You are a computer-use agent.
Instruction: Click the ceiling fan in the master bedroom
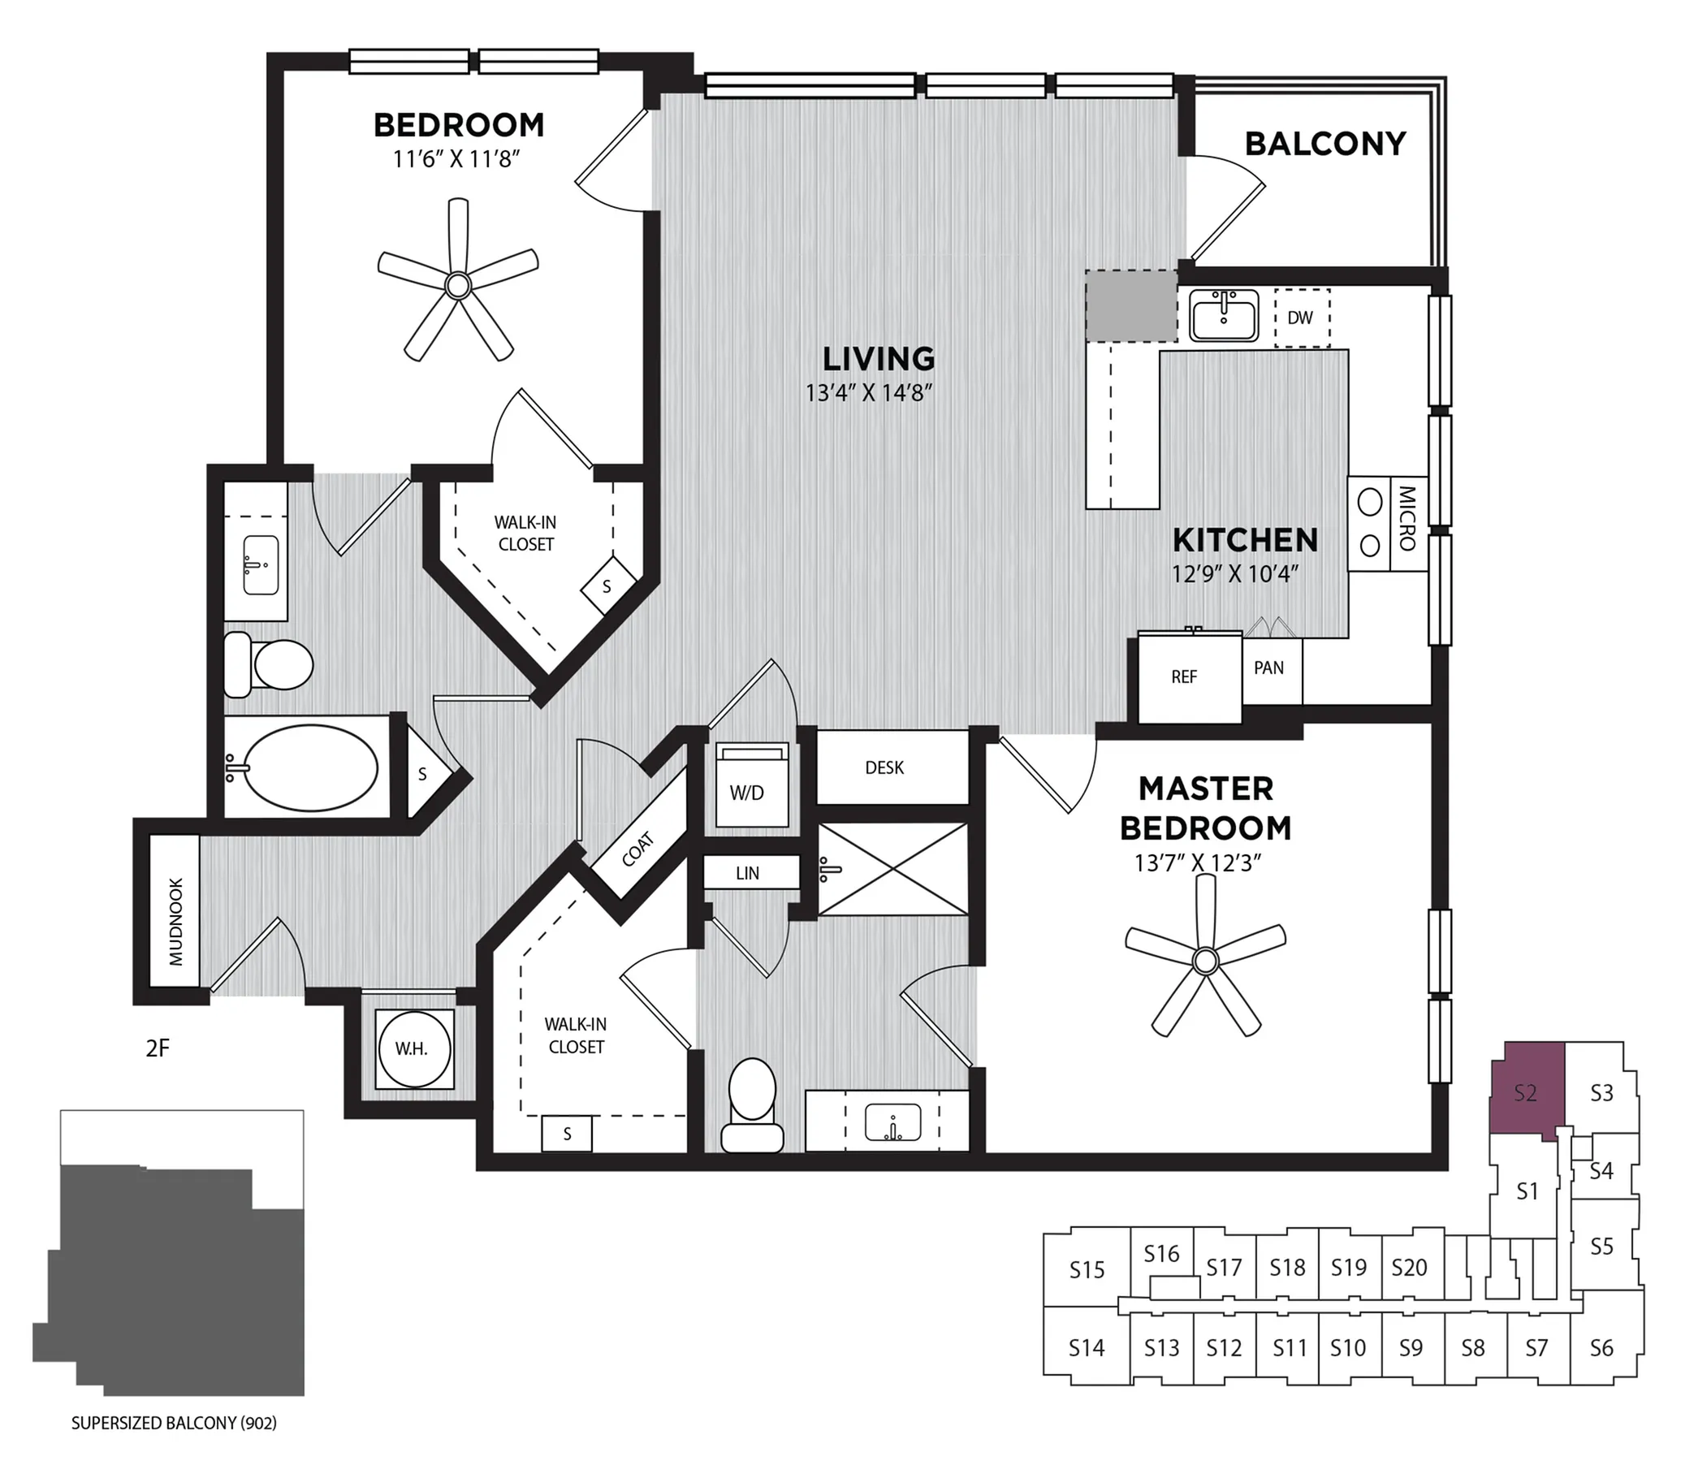pyautogui.click(x=1205, y=960)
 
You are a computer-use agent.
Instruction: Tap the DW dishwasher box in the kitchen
pyautogui.click(x=1302, y=318)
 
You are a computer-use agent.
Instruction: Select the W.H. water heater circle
pyautogui.click(x=413, y=1048)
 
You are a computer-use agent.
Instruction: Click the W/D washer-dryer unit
pyautogui.click(x=752, y=784)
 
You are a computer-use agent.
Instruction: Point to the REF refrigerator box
pyautogui.click(x=1190, y=677)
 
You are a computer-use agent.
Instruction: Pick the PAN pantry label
pyautogui.click(x=1269, y=668)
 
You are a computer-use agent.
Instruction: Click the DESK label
pyautogui.click(x=884, y=767)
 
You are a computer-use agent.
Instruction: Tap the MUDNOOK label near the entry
pyautogui.click(x=176, y=922)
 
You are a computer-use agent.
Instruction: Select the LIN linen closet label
pyautogui.click(x=748, y=874)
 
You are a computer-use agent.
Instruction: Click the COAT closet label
pyautogui.click(x=637, y=849)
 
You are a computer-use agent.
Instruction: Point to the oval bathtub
pyautogui.click(x=311, y=767)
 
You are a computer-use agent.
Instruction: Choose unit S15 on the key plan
pyautogui.click(x=1087, y=1270)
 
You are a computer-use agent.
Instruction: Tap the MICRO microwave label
pyautogui.click(x=1407, y=518)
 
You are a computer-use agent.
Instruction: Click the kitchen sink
pyautogui.click(x=1224, y=315)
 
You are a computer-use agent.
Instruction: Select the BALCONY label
pyautogui.click(x=1324, y=144)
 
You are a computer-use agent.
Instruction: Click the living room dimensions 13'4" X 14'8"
pyautogui.click(x=869, y=393)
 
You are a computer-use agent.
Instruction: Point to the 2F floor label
pyautogui.click(x=157, y=1048)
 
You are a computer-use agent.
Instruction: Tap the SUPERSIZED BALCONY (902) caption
pyautogui.click(x=175, y=1423)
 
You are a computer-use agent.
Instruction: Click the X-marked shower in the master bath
pyautogui.click(x=893, y=870)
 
